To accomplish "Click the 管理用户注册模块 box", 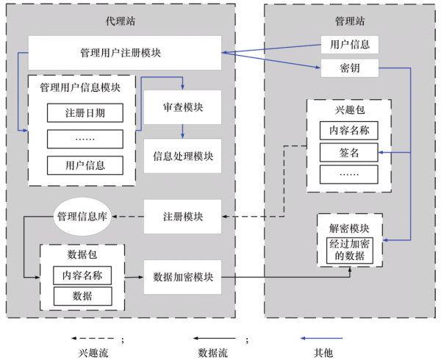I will click(125, 53).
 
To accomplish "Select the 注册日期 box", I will click(85, 113).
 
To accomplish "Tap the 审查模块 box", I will click(183, 107).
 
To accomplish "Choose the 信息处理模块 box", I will click(183, 156).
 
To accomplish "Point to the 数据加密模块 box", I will click(183, 277).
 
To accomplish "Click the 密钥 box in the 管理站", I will click(350, 68).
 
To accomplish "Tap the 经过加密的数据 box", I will click(350, 251).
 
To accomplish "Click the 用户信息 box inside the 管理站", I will click(350, 44).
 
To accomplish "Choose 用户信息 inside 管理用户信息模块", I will click(85, 165).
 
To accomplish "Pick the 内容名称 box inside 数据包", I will click(82, 276).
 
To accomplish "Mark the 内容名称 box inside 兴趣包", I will click(348, 131).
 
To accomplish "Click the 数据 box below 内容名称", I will click(82, 296).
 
